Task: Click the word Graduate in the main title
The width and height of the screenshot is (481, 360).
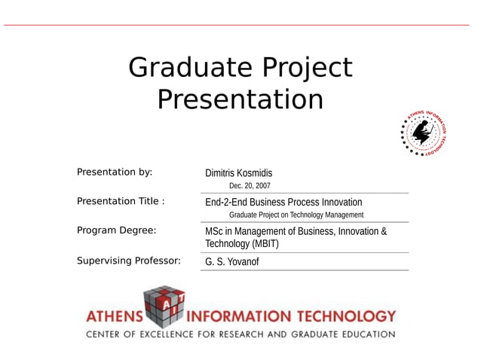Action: click(x=191, y=68)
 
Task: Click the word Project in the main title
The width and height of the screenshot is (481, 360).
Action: click(x=308, y=68)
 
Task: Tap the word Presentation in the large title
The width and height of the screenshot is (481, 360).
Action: click(x=240, y=99)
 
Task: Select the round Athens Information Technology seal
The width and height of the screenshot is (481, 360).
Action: click(x=424, y=133)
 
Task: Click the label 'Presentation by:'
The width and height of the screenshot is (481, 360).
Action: click(x=115, y=172)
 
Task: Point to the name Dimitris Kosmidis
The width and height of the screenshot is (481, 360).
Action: click(x=238, y=173)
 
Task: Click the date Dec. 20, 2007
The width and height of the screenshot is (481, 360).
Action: click(x=250, y=185)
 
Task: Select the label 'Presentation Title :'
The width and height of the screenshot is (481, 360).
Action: click(x=121, y=201)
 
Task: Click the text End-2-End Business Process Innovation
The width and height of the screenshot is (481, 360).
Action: click(x=283, y=202)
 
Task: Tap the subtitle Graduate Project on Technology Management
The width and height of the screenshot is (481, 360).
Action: click(x=296, y=215)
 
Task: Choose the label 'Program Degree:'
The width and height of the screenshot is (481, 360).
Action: click(x=116, y=230)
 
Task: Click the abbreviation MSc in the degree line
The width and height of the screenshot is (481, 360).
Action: click(x=214, y=231)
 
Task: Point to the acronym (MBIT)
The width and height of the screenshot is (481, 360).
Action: click(x=265, y=244)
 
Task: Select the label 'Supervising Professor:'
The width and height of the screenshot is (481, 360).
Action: click(x=129, y=261)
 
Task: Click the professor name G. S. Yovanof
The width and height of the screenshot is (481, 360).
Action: click(x=232, y=262)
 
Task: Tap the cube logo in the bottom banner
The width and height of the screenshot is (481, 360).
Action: click(x=164, y=306)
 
